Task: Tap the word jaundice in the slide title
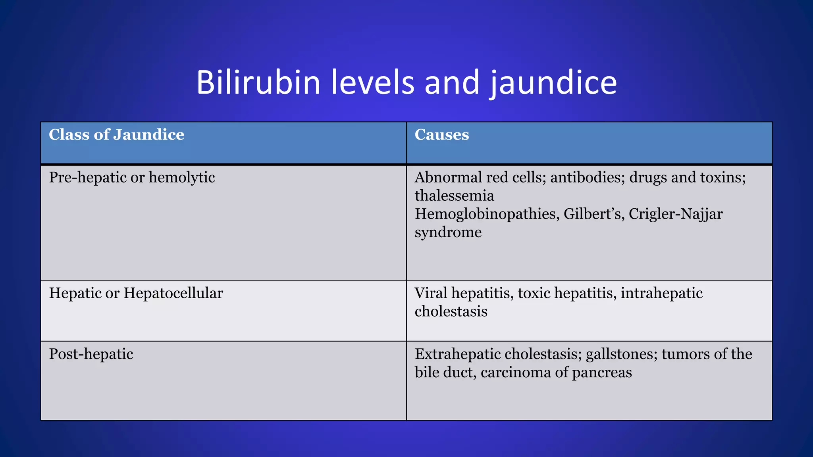pyautogui.click(x=553, y=83)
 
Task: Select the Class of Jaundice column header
pyautogui.click(x=116, y=135)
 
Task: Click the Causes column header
pyautogui.click(x=441, y=135)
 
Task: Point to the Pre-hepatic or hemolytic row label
pyautogui.click(x=132, y=177)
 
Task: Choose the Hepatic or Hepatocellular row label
pyautogui.click(x=136, y=293)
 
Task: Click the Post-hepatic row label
pyautogui.click(x=91, y=354)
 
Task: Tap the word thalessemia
pyautogui.click(x=454, y=196)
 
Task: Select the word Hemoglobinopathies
pyautogui.click(x=487, y=214)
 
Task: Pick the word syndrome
pyautogui.click(x=448, y=232)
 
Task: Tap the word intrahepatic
pyautogui.click(x=661, y=293)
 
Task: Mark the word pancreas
pyautogui.click(x=602, y=373)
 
